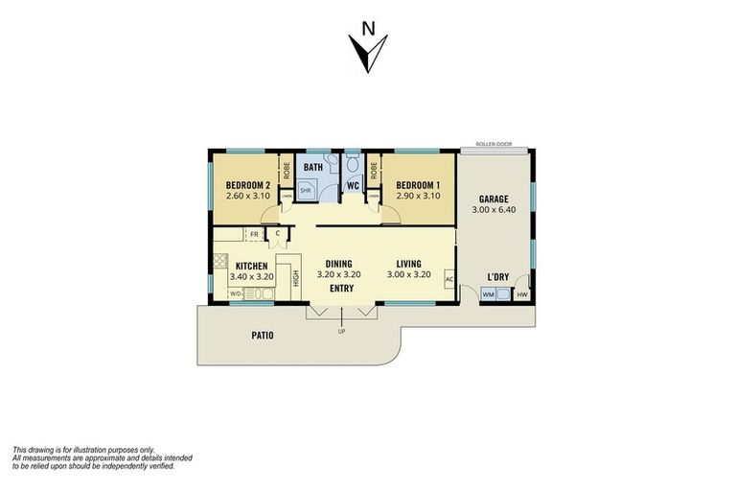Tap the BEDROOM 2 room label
pos(246,185)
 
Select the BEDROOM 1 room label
pos(417,185)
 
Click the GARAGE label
pos(493,199)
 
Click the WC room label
pos(353,185)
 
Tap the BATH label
pos(313,168)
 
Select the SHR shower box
pos(307,191)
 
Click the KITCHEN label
pos(251,266)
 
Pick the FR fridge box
pos(255,234)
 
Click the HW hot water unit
pos(521,294)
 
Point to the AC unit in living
pos(448,279)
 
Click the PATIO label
pos(263,336)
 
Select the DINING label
pos(338,264)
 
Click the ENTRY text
pos(342,288)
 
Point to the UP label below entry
pos(341,332)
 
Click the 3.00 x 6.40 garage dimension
pos(493,212)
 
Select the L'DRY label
pos(497,277)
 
